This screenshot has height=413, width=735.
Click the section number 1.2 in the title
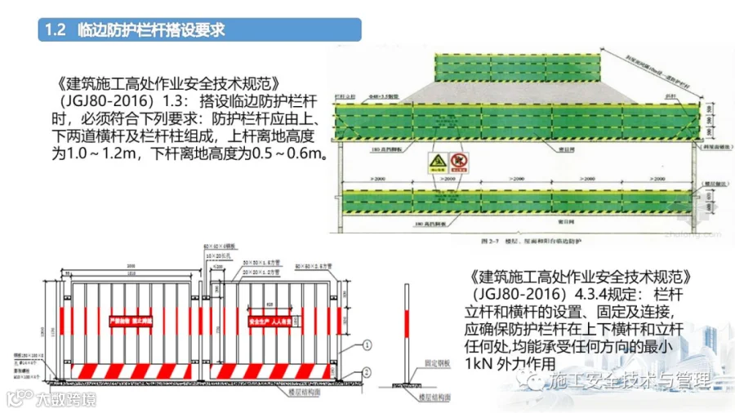[x=56, y=31]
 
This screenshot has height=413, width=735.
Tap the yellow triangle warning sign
[x=437, y=163]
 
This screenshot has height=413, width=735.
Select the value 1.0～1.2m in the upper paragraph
[x=95, y=152]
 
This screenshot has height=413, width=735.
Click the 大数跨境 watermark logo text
[x=65, y=399]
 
